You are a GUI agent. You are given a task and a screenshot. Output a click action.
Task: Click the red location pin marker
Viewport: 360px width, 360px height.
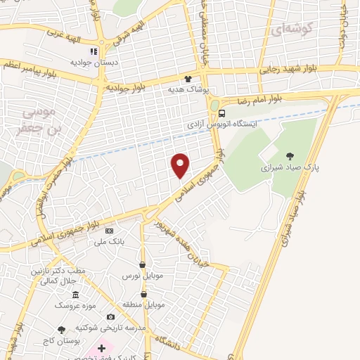[181, 165]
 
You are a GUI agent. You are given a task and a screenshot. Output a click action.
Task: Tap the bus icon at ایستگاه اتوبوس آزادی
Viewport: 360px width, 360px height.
[222, 113]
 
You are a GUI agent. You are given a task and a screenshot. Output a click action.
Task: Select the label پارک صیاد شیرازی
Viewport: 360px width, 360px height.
[290, 169]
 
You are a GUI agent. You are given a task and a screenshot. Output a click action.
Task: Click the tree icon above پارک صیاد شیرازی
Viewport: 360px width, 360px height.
[290, 156]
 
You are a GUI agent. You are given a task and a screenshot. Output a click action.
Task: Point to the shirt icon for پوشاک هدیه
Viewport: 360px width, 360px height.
[188, 79]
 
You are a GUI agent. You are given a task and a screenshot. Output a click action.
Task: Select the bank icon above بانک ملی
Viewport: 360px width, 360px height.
[108, 231]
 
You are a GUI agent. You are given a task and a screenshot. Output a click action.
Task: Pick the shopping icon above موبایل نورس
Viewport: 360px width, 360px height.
[143, 265]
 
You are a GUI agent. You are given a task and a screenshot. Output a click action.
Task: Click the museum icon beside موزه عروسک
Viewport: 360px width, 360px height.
[75, 293]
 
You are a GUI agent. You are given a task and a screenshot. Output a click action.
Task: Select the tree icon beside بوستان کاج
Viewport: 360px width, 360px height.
[62, 329]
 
